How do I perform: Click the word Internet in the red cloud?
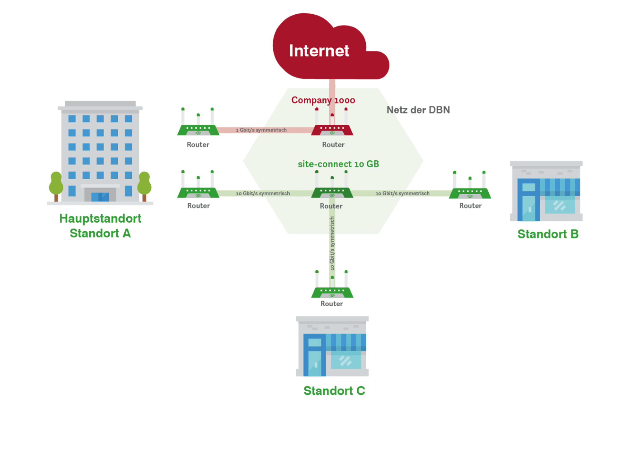[x=319, y=51]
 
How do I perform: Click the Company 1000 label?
[x=323, y=100]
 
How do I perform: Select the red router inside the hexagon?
[x=332, y=128]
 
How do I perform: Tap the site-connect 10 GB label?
[x=338, y=164]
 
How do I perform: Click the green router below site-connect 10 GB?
[x=332, y=191]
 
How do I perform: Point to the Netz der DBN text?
[x=418, y=110]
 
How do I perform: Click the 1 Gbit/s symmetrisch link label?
[x=261, y=130]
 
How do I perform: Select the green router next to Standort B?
[x=470, y=192]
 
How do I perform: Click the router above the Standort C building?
[x=332, y=291]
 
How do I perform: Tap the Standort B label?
[x=548, y=234]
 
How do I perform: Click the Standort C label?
[x=334, y=391]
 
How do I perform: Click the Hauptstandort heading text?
[x=100, y=219]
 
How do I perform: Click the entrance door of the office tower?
[x=100, y=196]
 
